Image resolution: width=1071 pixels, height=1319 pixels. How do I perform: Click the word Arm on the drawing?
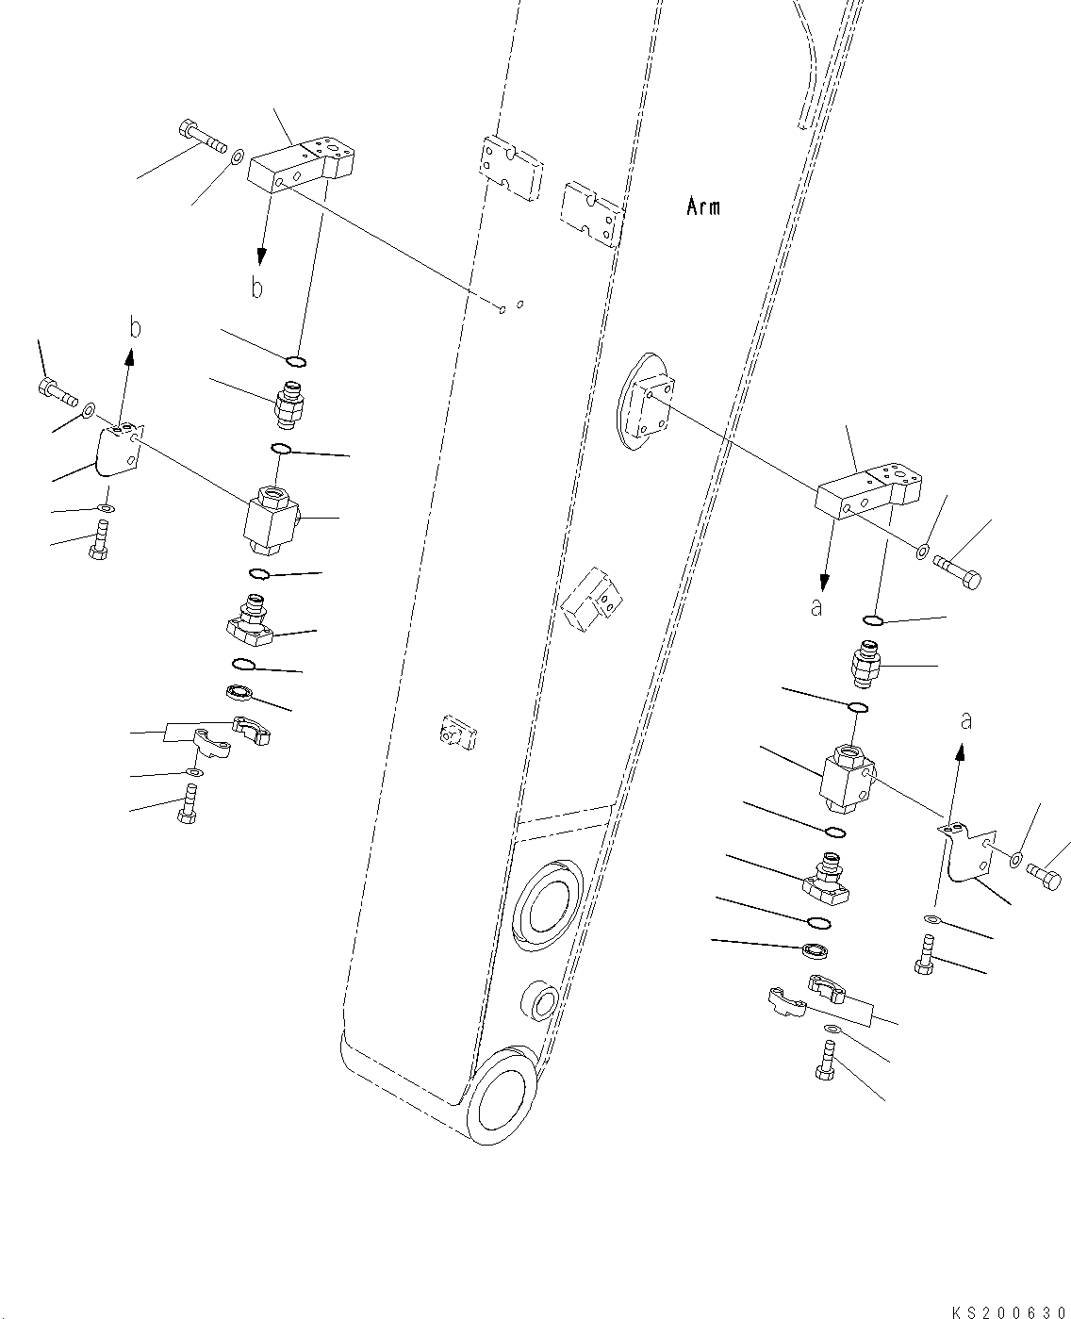703,206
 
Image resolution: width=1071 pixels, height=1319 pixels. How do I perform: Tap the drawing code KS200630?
1011,1308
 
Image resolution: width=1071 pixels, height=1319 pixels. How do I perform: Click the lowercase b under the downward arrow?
257,288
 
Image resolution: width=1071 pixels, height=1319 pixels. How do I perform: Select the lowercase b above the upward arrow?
135,327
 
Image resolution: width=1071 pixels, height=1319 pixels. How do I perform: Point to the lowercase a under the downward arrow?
817,607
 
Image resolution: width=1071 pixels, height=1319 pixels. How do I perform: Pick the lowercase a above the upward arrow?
965,720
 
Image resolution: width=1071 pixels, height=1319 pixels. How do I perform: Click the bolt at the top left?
203,138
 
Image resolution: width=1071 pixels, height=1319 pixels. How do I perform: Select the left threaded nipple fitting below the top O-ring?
289,405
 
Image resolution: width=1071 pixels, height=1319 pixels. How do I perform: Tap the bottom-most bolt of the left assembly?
188,804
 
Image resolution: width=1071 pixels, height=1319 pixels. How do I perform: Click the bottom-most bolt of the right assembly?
825,1061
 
